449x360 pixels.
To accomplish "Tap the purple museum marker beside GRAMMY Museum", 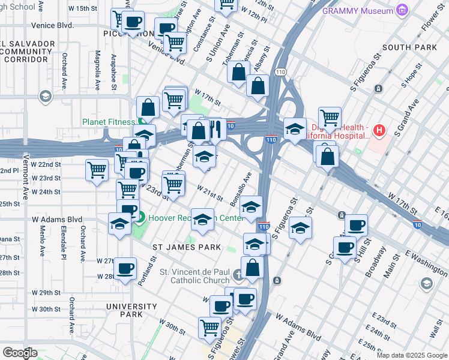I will (x=402, y=11).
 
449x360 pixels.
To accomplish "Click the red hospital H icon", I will (x=379, y=130).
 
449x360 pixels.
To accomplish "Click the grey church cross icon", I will (x=238, y=275).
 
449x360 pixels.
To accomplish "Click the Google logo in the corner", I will (x=20, y=352).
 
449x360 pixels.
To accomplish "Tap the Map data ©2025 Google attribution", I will (x=411, y=355).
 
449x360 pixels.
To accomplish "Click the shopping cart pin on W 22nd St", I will (x=97, y=170).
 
